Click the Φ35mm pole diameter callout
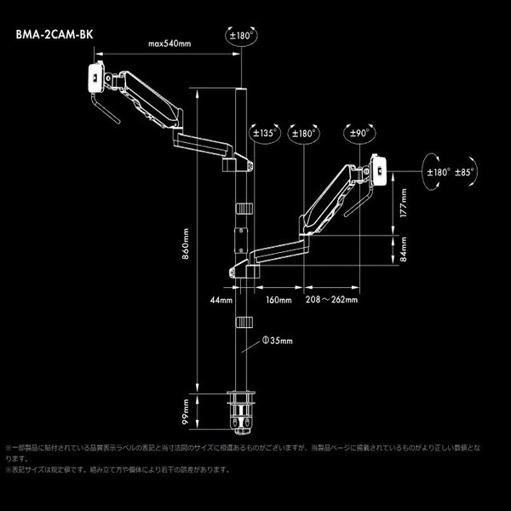point(278,339)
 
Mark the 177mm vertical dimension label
point(404,204)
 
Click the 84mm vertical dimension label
point(404,250)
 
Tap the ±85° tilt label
point(464,171)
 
